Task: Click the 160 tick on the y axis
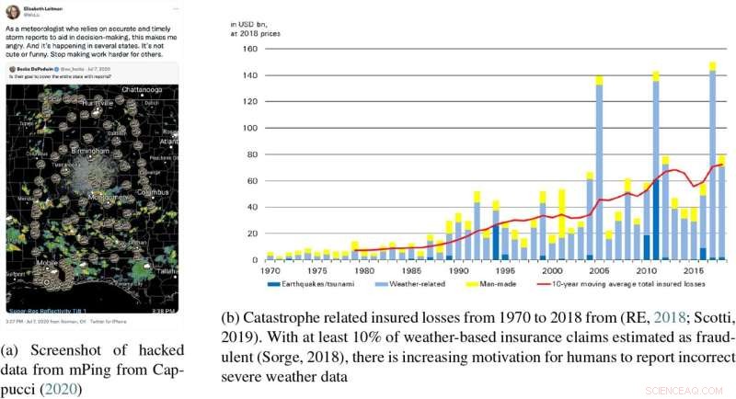[x=248, y=49]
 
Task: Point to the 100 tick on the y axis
[x=248, y=128]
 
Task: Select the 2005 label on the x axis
[x=599, y=271]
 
